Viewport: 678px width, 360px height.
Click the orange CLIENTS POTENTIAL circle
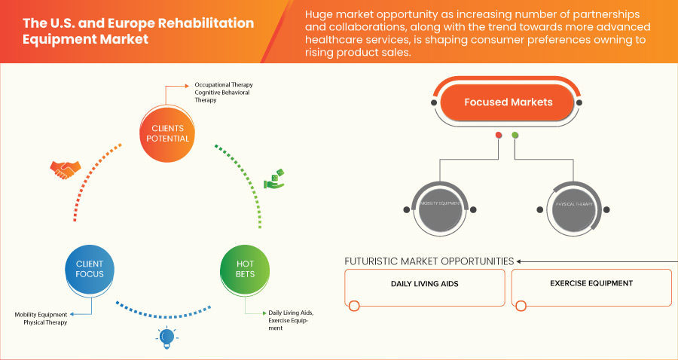click(164, 133)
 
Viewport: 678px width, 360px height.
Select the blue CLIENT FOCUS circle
click(90, 269)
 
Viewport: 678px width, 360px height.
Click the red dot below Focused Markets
click(498, 136)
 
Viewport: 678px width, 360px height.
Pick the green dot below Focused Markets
click(515, 136)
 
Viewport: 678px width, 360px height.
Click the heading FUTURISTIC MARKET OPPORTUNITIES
click(429, 261)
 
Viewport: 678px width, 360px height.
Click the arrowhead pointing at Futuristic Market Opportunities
click(520, 261)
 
